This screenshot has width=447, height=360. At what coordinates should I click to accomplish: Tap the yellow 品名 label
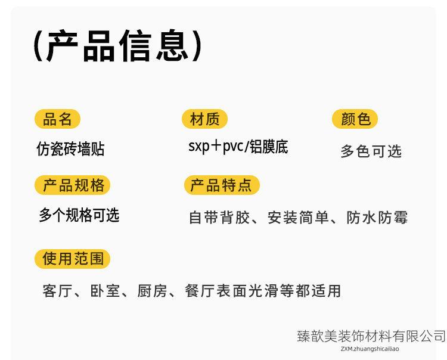[x=57, y=119]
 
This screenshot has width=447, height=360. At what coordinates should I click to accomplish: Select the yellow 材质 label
[x=204, y=119]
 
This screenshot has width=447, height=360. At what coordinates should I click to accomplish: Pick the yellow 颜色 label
[x=355, y=119]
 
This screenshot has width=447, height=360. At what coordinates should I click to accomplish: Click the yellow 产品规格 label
[x=73, y=185]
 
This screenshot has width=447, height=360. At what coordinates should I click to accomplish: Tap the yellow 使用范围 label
[x=73, y=259]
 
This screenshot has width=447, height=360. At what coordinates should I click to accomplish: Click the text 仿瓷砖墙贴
[x=70, y=149]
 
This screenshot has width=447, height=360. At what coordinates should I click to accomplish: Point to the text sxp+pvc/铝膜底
[x=238, y=147]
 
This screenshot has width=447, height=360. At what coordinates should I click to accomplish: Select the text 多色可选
[x=371, y=151]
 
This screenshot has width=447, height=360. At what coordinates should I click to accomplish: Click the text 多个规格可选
[x=79, y=215]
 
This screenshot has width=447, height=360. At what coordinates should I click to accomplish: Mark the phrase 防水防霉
[x=378, y=218]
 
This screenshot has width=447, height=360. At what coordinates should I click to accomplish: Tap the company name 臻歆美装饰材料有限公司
[x=371, y=336]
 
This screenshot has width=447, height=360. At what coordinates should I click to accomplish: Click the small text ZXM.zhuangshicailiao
[x=370, y=349]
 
